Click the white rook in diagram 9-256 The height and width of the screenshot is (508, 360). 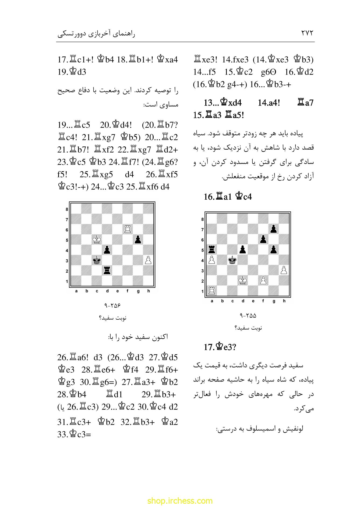pyautogui.click(x=128, y=229)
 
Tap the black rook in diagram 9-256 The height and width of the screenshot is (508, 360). pyautogui.click(x=107, y=270)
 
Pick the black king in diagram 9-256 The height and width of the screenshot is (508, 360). pyautogui.click(x=97, y=260)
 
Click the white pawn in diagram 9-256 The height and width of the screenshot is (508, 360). pyautogui.click(x=148, y=260)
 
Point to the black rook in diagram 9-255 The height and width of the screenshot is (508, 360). pyautogui.click(x=212, y=250)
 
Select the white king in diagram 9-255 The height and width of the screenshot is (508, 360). pyautogui.click(x=243, y=281)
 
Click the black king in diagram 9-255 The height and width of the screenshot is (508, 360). pyautogui.click(x=232, y=260)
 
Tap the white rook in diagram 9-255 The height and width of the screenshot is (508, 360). pyautogui.click(x=212, y=291)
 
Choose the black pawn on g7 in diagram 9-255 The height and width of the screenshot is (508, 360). pyautogui.click(x=274, y=229)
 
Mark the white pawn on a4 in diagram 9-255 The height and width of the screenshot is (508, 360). pyautogui.click(x=212, y=260)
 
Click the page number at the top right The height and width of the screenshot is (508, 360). pyautogui.click(x=307, y=33)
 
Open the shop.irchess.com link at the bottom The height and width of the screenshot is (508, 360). pyautogui.click(x=180, y=501)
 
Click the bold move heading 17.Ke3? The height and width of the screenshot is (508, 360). pyautogui.click(x=220, y=347)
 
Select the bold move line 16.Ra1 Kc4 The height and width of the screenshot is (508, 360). pyautogui.click(x=228, y=197)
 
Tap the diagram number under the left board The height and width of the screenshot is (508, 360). pyautogui.click(x=112, y=306)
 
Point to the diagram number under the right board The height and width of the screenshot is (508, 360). pyautogui.click(x=248, y=315)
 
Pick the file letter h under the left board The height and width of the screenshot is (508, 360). pyautogui.click(x=148, y=291)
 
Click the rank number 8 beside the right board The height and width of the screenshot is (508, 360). pyautogui.click(x=203, y=219)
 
